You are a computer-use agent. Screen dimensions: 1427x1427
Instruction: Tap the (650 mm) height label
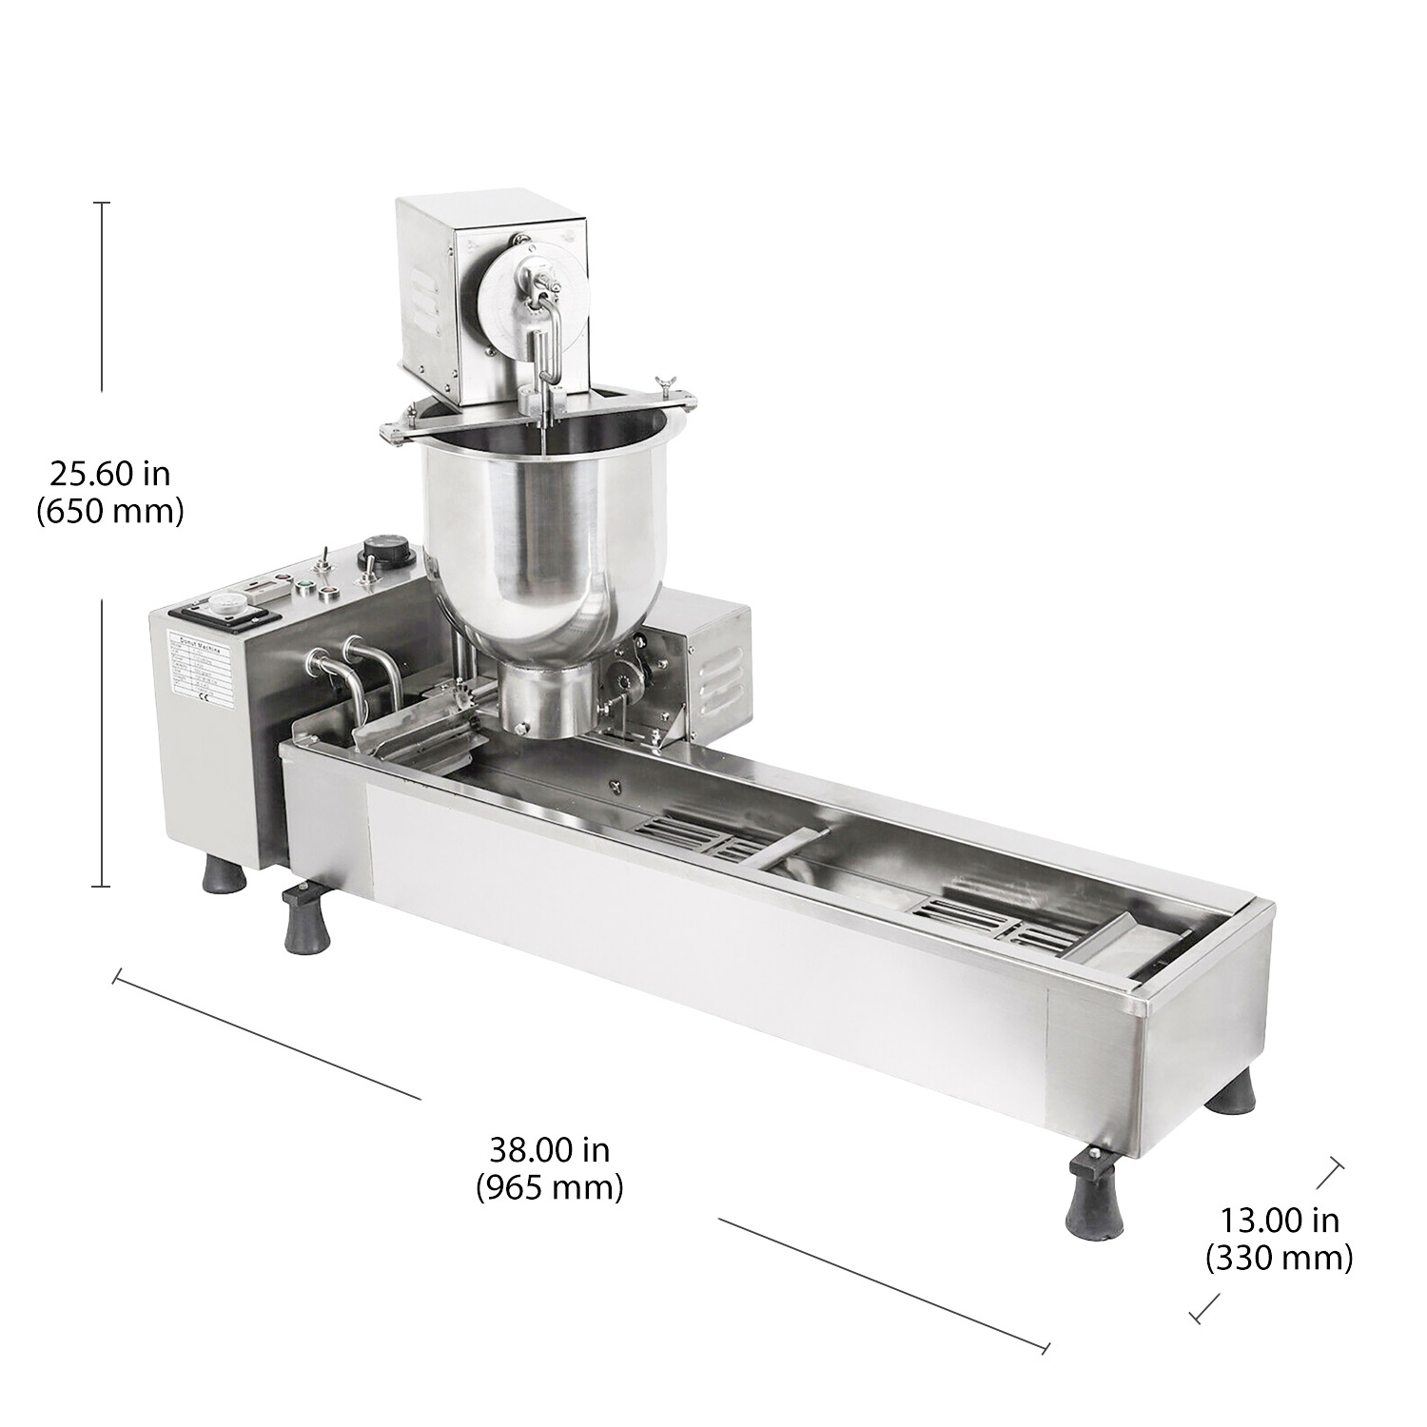coord(109,512)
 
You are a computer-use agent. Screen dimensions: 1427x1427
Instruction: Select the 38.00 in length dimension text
coord(550,1150)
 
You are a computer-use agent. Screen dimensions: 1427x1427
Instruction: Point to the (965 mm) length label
coord(550,1187)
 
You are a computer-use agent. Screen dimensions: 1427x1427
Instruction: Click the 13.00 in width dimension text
coord(1280,1220)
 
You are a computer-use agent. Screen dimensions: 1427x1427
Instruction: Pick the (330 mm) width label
coord(1280,1259)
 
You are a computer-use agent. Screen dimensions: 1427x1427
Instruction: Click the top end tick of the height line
coord(103,203)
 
